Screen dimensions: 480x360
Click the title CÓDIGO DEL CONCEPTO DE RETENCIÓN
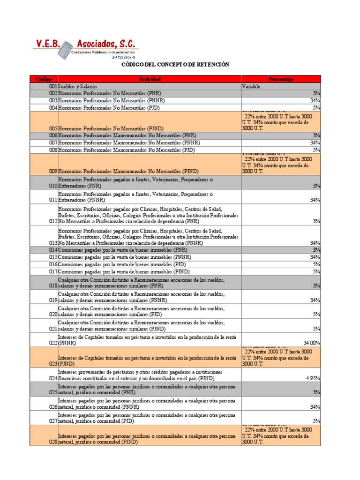click(x=175, y=65)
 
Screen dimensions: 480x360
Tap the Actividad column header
click(x=150, y=79)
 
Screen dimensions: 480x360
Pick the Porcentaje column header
click(x=281, y=79)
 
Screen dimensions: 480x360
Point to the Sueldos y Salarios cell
click(x=78, y=87)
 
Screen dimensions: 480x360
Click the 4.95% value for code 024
click(x=313, y=378)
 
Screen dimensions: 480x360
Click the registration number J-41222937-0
click(x=123, y=57)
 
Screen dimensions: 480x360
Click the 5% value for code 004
click(x=316, y=108)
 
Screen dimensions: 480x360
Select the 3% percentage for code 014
click(x=316, y=250)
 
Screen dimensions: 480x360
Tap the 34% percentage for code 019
click(x=315, y=300)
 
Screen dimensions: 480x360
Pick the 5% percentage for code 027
click(x=316, y=421)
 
